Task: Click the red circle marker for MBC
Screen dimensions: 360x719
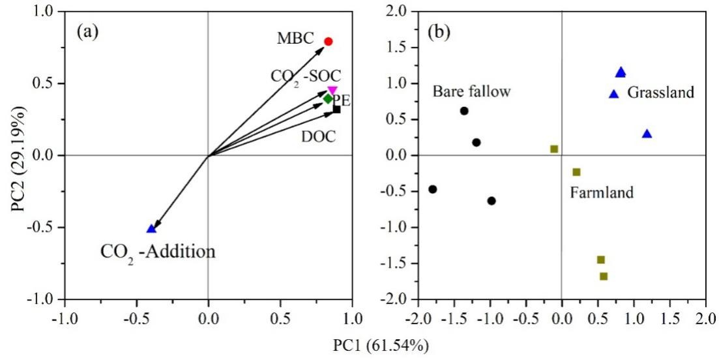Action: click(329, 42)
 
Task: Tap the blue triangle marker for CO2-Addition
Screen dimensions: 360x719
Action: click(151, 229)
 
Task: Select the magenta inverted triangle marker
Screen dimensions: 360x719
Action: click(332, 91)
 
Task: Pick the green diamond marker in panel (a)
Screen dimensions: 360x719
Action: click(328, 99)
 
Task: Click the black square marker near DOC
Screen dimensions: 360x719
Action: click(336, 110)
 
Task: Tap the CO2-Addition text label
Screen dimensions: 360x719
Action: click(157, 251)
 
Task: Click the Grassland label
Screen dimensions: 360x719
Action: click(661, 93)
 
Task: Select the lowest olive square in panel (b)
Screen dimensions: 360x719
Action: click(604, 277)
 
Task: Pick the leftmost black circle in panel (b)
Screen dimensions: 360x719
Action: click(432, 189)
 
